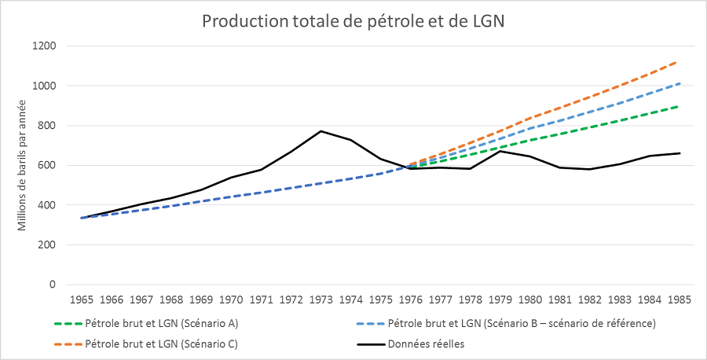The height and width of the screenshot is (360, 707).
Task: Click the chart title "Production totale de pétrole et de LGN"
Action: tap(353, 20)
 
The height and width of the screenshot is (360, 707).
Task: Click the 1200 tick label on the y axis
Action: tap(44, 46)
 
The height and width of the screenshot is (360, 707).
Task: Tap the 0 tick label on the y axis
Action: tap(53, 285)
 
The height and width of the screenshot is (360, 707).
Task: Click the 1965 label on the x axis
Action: tap(82, 299)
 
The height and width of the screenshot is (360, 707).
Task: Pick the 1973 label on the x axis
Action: tap(321, 299)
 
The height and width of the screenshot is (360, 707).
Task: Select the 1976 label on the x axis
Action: tap(411, 299)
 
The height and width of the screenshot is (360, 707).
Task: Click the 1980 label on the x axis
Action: tap(530, 299)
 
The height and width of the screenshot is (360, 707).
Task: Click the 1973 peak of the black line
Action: tap(321, 131)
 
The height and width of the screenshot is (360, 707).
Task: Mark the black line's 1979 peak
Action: tap(500, 151)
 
